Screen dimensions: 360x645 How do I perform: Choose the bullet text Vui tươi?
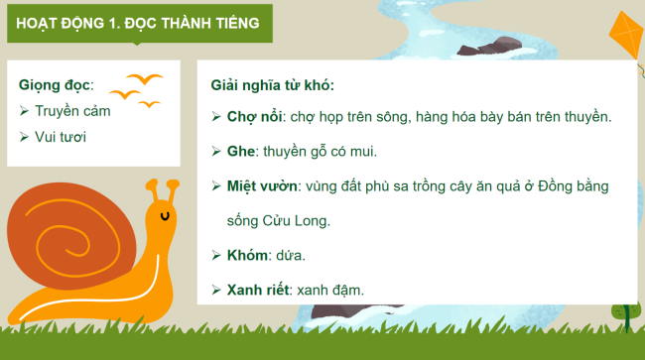click(61, 136)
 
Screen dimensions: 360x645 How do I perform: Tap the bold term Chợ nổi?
click(254, 117)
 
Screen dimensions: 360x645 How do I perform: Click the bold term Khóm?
click(248, 256)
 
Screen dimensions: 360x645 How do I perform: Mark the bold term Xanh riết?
click(262, 291)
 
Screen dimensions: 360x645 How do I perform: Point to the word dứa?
click(291, 256)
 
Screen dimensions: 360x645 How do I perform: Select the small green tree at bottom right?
click(622, 314)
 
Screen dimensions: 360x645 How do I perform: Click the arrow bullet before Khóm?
click(216, 256)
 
